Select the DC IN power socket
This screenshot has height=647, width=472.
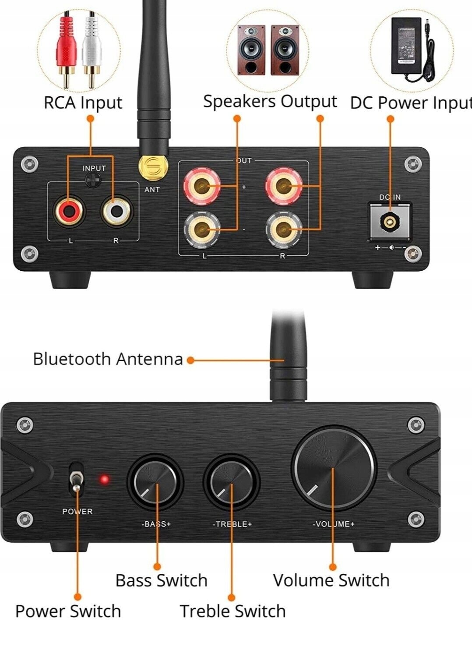(389, 223)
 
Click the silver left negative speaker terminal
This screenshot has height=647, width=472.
(201, 228)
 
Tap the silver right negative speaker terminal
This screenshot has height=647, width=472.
(283, 228)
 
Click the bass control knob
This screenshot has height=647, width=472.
(155, 482)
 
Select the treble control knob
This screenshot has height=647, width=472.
(232, 482)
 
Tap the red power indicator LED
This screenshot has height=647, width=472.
(105, 479)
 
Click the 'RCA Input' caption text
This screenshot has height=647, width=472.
(83, 103)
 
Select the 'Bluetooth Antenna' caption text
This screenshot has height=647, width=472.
(108, 359)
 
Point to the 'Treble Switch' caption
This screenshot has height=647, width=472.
(232, 611)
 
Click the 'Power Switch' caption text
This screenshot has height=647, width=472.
(68, 611)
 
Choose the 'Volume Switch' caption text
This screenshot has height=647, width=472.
(331, 580)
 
